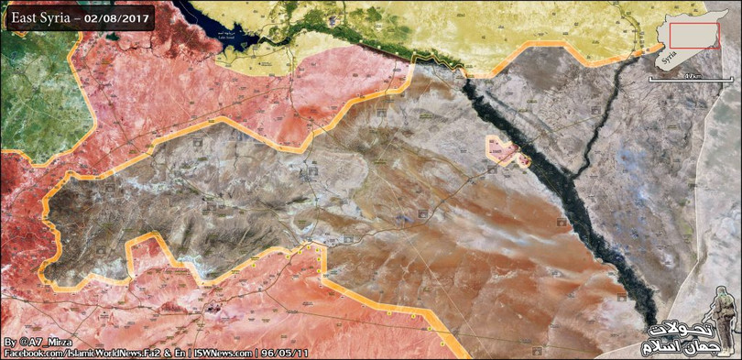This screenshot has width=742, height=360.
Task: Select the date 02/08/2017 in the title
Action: (x=116, y=18)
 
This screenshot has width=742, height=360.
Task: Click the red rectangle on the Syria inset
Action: (x=694, y=35)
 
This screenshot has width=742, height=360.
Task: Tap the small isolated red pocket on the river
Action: (x=507, y=152)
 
